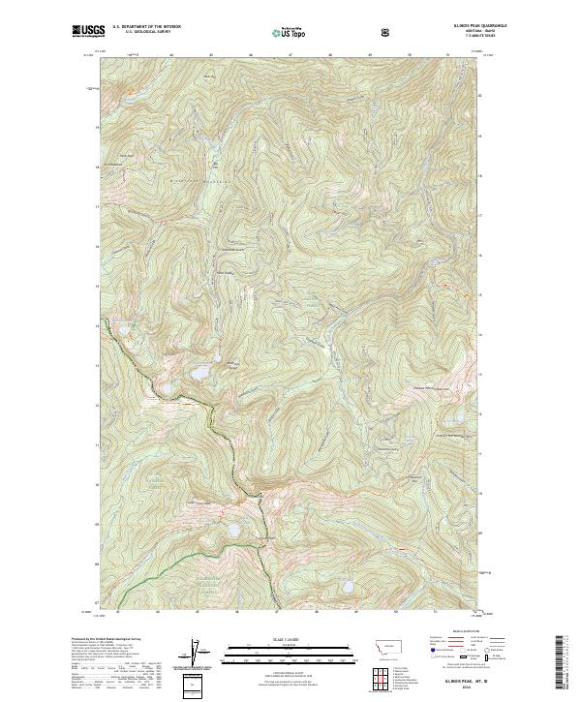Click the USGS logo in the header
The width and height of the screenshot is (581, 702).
pos(88,31)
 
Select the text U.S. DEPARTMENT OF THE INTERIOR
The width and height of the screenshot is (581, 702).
pos(145,28)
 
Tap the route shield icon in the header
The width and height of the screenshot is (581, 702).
pos(385,32)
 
